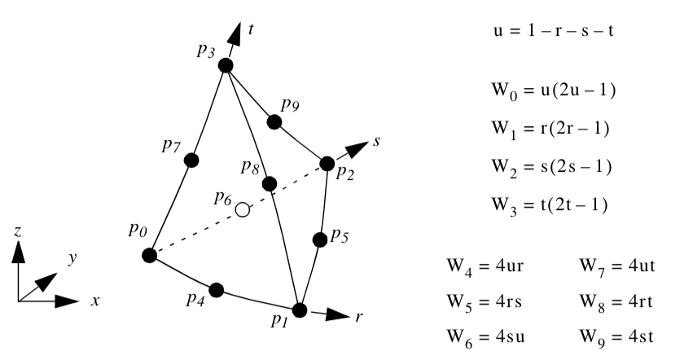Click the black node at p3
pyautogui.click(x=226, y=65)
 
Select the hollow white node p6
pyautogui.click(x=242, y=210)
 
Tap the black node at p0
pyautogui.click(x=149, y=256)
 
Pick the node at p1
pyautogui.click(x=300, y=310)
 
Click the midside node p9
pyautogui.click(x=275, y=121)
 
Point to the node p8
pyautogui.click(x=270, y=184)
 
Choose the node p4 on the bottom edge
pyautogui.click(x=217, y=290)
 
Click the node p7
pyautogui.click(x=191, y=160)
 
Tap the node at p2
pyautogui.click(x=327, y=164)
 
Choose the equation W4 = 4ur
pyautogui.click(x=485, y=266)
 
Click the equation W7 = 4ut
pyautogui.click(x=616, y=266)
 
